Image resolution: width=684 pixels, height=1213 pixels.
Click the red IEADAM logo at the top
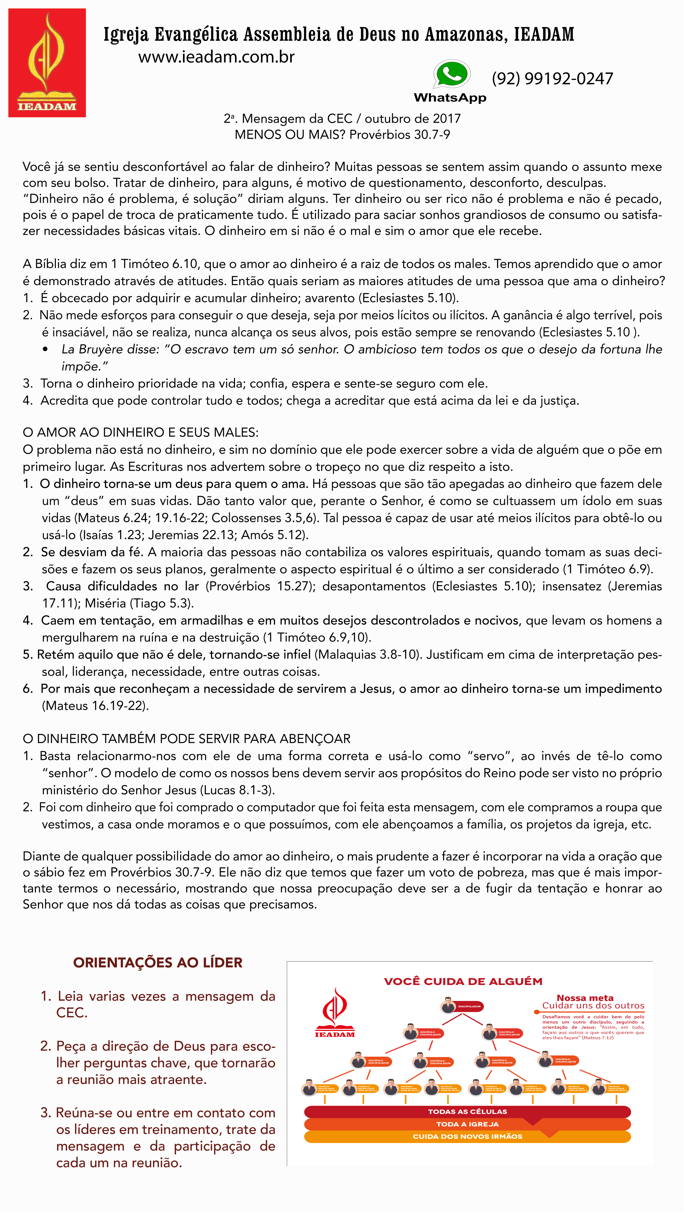point(47,63)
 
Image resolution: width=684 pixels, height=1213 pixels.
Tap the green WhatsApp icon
point(451,74)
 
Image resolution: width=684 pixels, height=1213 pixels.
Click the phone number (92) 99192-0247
point(552,79)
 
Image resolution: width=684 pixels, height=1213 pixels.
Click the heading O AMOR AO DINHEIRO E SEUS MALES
point(140,432)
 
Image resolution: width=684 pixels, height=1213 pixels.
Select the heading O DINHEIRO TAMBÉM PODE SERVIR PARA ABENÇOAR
point(187,738)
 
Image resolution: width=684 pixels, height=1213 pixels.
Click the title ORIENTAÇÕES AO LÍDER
point(158,962)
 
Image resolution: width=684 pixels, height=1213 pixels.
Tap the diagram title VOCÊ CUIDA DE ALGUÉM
point(463,981)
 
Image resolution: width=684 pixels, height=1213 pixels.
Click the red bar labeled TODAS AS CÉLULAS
point(467,1111)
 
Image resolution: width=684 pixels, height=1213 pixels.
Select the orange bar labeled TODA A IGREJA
point(467,1124)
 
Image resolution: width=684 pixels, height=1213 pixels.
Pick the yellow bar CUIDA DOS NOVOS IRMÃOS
point(467,1136)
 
